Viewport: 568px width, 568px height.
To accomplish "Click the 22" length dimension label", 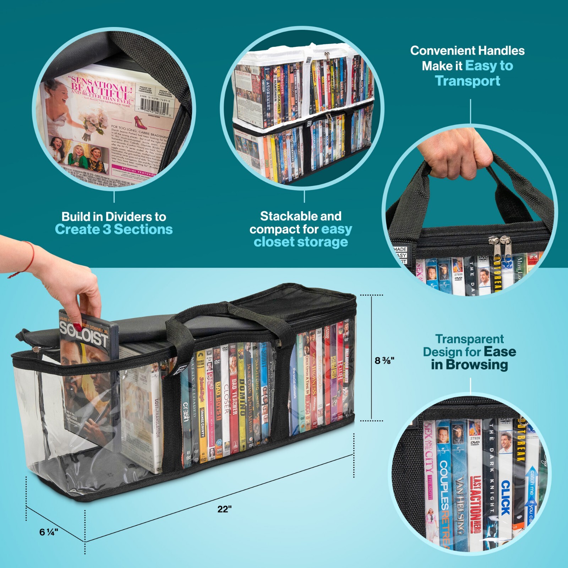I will click(224, 509).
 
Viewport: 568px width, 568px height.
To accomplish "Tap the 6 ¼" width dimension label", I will click(49, 532).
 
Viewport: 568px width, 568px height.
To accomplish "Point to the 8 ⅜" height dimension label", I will click(384, 360).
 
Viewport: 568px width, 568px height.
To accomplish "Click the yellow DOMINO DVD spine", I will click(242, 398).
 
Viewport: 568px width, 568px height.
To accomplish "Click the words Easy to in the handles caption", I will click(489, 66).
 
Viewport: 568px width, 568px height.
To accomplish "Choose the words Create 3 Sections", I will click(114, 229).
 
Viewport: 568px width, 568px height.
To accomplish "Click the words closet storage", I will click(301, 242).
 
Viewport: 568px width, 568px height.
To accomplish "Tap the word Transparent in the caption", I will click(469, 339).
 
